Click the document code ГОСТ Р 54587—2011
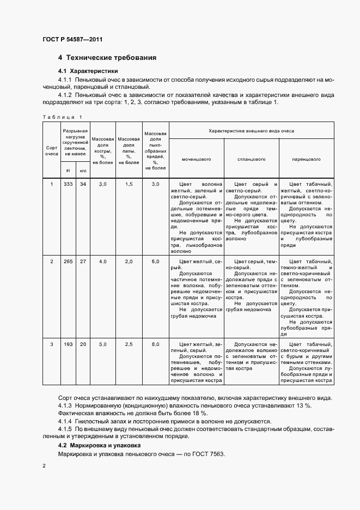click(x=72, y=40)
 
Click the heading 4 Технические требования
click(x=107, y=58)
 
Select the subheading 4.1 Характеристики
click(x=88, y=71)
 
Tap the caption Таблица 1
click(x=62, y=117)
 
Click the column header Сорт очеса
click(x=52, y=150)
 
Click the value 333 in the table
click(x=68, y=184)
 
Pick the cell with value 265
click(x=68, y=262)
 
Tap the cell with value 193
click(x=68, y=344)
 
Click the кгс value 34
click(x=83, y=184)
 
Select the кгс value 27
click(x=83, y=262)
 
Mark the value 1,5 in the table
click(x=129, y=184)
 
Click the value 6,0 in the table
click(x=155, y=262)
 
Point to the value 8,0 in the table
click(x=155, y=344)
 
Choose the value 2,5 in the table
click(x=129, y=344)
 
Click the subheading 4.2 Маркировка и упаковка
click(x=100, y=446)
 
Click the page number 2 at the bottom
click(x=44, y=467)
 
